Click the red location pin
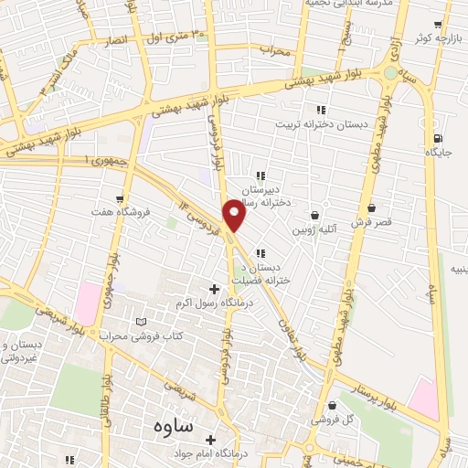tap(235, 214)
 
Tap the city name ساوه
tap(162, 426)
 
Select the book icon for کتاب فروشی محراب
tap(140, 322)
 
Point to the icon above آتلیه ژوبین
tap(315, 215)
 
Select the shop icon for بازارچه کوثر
tap(438, 25)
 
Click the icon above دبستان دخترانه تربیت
tap(320, 110)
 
